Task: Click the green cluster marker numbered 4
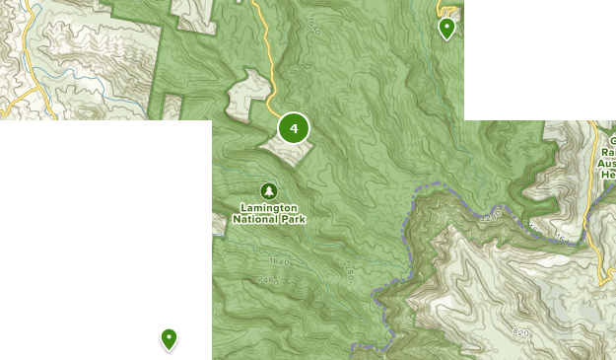point(294,128)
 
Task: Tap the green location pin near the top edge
point(446,28)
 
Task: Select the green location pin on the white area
point(170,339)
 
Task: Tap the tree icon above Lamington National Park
point(268,190)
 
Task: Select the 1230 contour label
point(493,213)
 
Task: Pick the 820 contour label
point(520,332)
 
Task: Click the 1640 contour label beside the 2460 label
point(280,262)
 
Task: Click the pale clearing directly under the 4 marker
point(288,150)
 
